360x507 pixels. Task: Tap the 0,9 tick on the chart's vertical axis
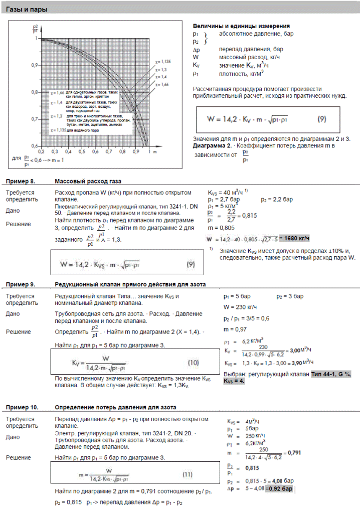coord(35,65)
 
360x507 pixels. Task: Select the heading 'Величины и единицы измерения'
coord(241,26)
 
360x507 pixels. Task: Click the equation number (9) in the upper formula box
coord(323,119)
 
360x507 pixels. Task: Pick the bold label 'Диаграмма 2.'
coord(212,145)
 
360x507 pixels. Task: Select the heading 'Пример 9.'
coord(20,284)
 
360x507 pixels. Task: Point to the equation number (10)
coord(193,362)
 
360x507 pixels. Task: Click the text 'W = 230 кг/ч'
coord(240,306)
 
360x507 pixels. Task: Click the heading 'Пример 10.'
coord(22,407)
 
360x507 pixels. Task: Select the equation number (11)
coord(188,473)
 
